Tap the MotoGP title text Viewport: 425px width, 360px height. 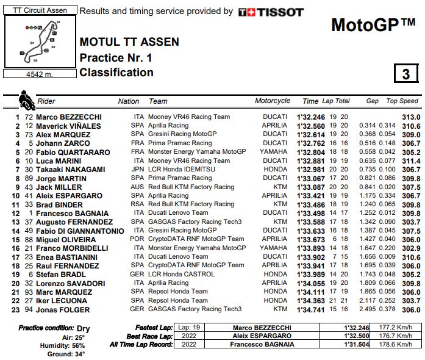pyautogui.click(x=373, y=25)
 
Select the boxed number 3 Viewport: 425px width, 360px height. pyautogui.click(x=405, y=74)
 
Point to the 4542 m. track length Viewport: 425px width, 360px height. pyautogui.click(x=40, y=74)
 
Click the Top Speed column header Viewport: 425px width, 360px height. pyautogui.click(x=402, y=101)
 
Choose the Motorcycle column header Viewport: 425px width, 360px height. pyautogui.click(x=273, y=101)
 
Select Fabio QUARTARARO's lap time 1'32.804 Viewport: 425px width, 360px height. pyautogui.click(x=311, y=152)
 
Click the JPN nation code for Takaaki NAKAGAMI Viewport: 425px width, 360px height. pyautogui.click(x=137, y=170)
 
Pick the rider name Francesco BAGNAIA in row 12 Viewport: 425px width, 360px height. pyautogui.click(x=72, y=214)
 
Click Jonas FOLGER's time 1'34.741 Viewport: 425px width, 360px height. pyautogui.click(x=311, y=310)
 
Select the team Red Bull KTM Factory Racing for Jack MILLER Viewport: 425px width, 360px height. pyautogui.click(x=191, y=187)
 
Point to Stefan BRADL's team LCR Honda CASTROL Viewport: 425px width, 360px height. pyautogui.click(x=180, y=275)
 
